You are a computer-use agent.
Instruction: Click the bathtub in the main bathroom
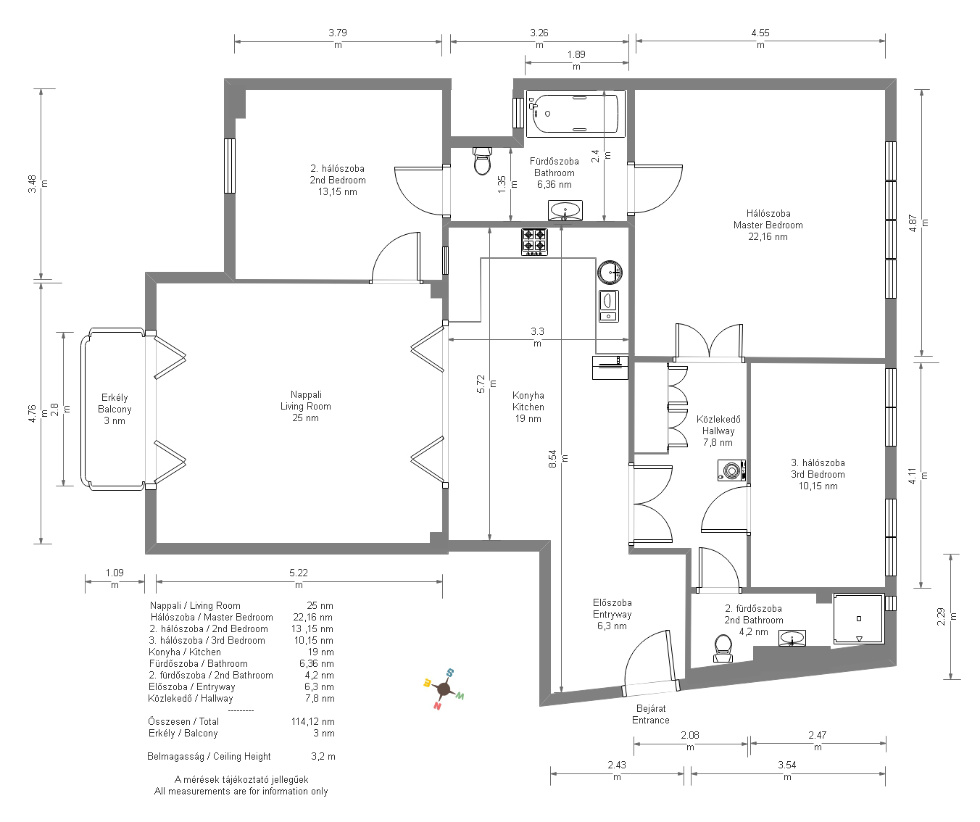(x=576, y=114)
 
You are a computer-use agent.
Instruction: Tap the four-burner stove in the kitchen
(x=534, y=242)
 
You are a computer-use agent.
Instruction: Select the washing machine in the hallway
(x=731, y=470)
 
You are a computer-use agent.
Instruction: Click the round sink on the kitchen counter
(x=610, y=273)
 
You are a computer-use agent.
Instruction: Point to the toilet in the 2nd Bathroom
(x=723, y=648)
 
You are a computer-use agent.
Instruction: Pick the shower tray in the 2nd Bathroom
(x=858, y=619)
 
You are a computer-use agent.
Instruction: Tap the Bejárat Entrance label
(x=650, y=714)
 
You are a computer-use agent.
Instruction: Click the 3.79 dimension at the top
(x=338, y=33)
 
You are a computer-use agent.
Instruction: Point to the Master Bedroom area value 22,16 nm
(x=768, y=236)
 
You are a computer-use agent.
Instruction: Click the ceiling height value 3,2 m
(x=323, y=756)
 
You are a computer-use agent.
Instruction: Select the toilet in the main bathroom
(x=483, y=160)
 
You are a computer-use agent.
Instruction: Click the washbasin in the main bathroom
(x=565, y=210)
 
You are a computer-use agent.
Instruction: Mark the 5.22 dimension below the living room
(x=299, y=573)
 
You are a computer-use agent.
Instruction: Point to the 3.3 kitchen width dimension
(x=537, y=331)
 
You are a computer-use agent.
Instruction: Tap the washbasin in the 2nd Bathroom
(x=792, y=639)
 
